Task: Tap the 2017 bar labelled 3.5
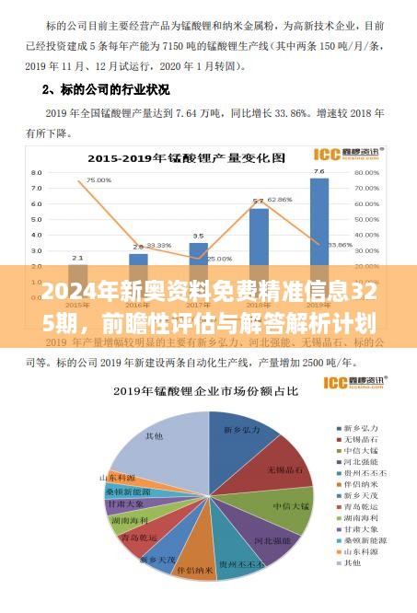point(198,262)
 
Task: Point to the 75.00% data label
point(98,180)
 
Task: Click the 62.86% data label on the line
point(280,199)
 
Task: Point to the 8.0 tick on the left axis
point(37,172)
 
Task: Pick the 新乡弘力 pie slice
point(237,428)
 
